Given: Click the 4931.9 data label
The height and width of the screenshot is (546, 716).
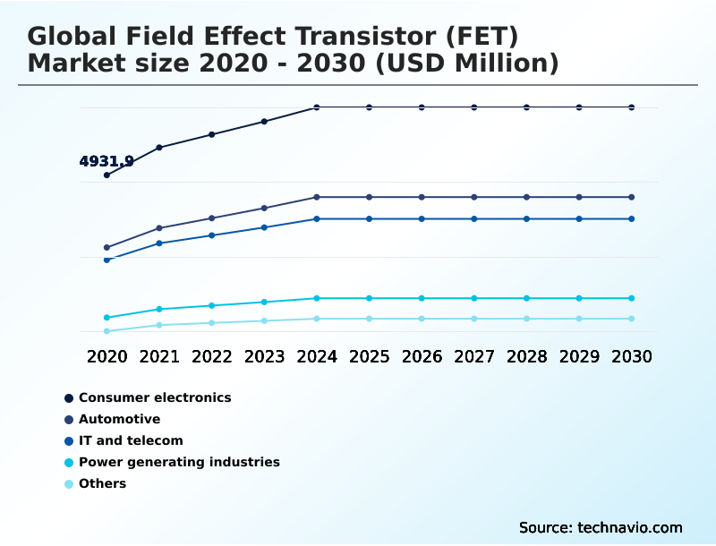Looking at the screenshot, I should click(x=107, y=162).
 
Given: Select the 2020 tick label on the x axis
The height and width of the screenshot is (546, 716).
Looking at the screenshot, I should click(x=107, y=356).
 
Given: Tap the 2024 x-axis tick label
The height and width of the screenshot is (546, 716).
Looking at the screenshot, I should click(x=317, y=356).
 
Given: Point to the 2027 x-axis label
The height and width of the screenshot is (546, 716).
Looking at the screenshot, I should click(x=474, y=356).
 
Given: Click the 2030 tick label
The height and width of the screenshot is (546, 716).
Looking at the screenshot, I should click(x=632, y=356).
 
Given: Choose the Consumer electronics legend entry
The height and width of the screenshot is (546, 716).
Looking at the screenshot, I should click(x=154, y=397).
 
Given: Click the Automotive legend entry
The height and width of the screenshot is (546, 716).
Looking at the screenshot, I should click(x=119, y=419).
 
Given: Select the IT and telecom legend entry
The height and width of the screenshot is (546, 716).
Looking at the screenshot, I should click(x=131, y=440).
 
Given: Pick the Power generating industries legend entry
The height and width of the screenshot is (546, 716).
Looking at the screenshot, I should click(x=179, y=462).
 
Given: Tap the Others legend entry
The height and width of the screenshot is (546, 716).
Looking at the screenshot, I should click(x=102, y=483).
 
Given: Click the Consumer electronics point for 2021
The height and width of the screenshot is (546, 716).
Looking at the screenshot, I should click(x=159, y=147).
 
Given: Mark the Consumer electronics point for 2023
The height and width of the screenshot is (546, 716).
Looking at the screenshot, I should click(x=264, y=122).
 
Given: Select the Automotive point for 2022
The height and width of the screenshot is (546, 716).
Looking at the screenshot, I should click(x=212, y=218).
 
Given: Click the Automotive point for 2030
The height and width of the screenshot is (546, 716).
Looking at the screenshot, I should click(x=632, y=197).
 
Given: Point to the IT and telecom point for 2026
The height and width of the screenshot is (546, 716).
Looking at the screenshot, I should click(x=422, y=218).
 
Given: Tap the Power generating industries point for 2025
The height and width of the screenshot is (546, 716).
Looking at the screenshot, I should click(x=369, y=298).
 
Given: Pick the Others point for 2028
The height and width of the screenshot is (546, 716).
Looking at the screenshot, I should click(x=526, y=319).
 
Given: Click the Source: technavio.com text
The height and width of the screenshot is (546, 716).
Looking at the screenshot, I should click(x=601, y=527).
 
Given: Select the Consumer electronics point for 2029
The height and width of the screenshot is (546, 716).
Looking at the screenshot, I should click(x=579, y=107).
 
